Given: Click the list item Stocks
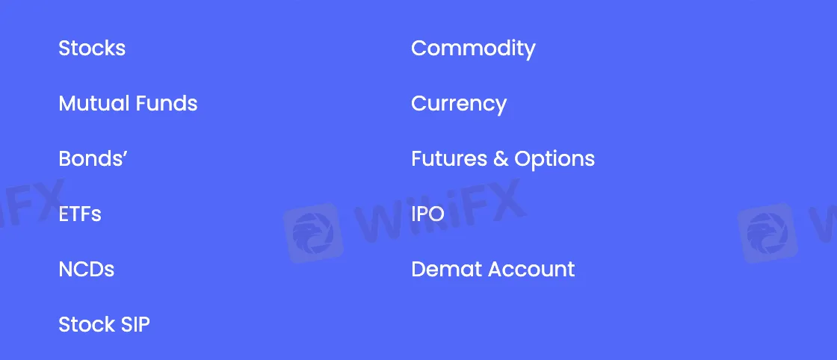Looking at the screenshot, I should [x=92, y=49].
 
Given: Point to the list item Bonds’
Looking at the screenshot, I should [x=93, y=159].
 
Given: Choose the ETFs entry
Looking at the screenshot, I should [x=80, y=214].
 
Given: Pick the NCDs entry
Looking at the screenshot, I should [x=87, y=269].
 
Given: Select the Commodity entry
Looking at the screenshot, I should [x=473, y=49].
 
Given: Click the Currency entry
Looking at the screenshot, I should [x=459, y=104].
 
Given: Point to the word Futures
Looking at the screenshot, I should [x=448, y=159].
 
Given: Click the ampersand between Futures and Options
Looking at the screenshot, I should [x=501, y=159].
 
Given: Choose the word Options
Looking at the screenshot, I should [x=555, y=159].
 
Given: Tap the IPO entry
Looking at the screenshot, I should [x=427, y=214].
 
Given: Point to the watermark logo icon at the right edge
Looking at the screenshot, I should [x=768, y=232].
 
